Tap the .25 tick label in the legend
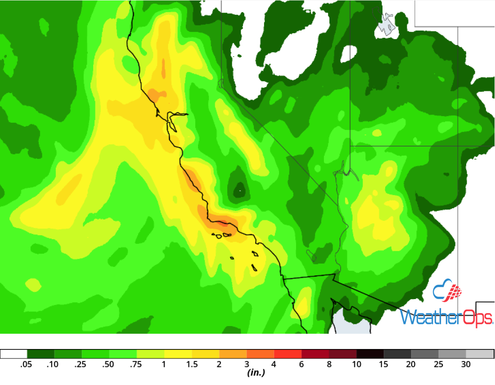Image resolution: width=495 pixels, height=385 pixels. [81, 365]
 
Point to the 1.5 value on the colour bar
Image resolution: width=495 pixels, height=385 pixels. [192, 365]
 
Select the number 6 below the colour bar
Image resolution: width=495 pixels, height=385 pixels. [301, 365]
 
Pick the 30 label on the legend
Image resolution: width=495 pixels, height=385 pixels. [466, 365]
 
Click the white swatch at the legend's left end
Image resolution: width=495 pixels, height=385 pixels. [14, 354]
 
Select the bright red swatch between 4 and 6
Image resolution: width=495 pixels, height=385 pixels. [288, 354]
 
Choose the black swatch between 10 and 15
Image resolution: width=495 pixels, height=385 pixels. [370, 354]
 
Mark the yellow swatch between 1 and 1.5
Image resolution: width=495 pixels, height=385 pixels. [178, 354]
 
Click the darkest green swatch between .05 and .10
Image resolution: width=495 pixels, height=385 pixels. [41, 354]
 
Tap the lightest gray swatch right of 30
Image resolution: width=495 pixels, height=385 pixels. [480, 354]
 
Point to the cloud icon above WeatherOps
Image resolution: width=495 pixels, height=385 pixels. [446, 291]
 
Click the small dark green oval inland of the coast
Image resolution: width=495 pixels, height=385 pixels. [238, 188]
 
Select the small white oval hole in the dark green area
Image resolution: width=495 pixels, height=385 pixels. [349, 54]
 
